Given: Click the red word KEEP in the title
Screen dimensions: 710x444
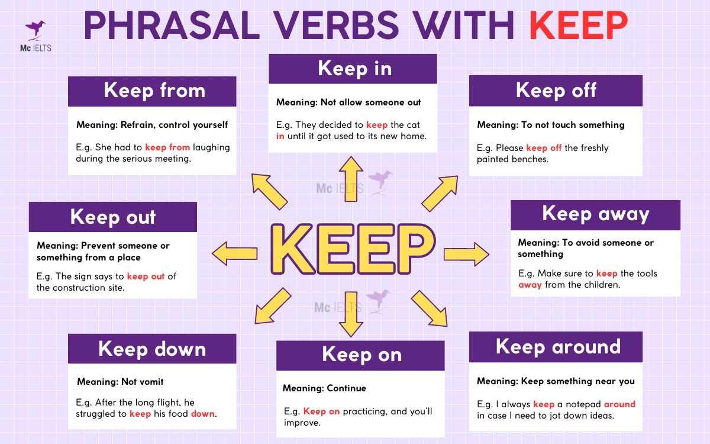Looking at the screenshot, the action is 578,25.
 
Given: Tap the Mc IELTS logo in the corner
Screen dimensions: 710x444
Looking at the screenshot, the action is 35,36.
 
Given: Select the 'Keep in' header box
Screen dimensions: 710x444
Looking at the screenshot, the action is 353,69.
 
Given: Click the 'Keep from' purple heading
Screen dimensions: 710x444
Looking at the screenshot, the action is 152,91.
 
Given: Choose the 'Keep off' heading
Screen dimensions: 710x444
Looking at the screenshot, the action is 556,91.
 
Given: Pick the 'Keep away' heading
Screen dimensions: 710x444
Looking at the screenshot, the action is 596,215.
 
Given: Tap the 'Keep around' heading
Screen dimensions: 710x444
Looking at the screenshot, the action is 556,347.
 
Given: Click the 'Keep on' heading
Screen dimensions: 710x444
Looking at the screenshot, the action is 360,356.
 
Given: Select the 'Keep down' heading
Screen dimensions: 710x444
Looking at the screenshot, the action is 152,349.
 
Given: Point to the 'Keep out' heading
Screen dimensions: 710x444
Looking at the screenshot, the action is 113,217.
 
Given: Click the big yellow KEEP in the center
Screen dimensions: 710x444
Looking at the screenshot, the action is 353,249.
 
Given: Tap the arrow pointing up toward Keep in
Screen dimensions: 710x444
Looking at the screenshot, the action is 351,179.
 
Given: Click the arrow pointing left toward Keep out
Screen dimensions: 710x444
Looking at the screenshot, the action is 234,253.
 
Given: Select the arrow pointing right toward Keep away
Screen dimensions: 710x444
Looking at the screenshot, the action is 466,255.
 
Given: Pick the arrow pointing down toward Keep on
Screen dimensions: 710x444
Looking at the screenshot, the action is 351,314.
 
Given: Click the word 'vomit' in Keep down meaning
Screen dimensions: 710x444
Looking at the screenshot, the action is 151,381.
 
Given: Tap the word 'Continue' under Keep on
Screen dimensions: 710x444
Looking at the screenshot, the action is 346,388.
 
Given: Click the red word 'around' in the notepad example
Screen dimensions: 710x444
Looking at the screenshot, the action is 619,404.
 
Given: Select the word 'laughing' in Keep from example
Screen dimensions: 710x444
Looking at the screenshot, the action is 211,148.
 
